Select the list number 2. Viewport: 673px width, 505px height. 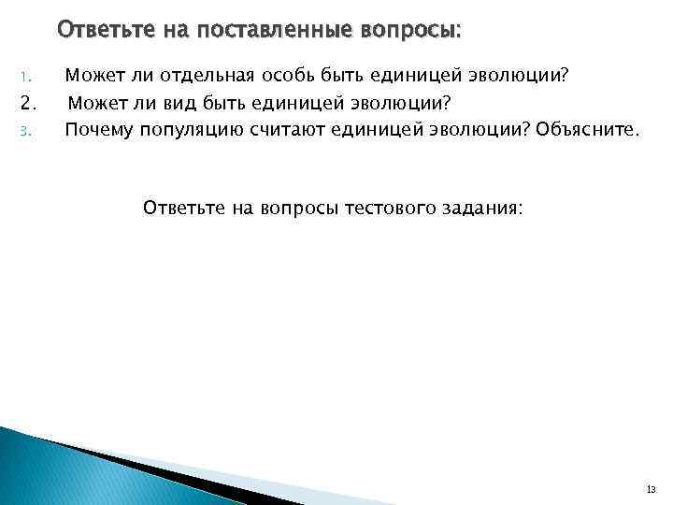coord(28,102)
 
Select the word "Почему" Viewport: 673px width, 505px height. coord(98,128)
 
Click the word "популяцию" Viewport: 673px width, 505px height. coord(191,129)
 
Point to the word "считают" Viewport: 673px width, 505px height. coord(284,128)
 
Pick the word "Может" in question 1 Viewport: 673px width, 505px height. coord(91,75)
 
